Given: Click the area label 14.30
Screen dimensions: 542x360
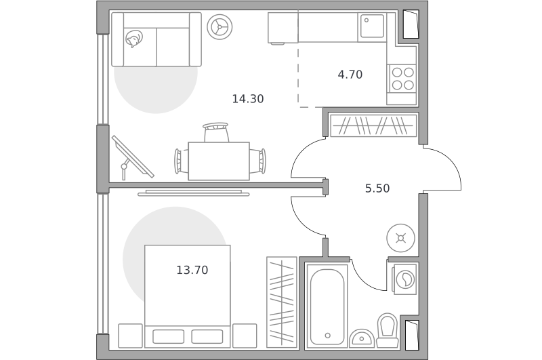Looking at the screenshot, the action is (248, 99).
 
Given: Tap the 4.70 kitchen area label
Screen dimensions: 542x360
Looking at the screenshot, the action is (350, 75).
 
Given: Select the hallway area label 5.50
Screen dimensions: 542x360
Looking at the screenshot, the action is (377, 188).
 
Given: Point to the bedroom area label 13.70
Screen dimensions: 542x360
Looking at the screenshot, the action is (192, 270).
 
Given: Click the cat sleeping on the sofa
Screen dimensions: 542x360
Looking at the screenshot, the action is (134, 39).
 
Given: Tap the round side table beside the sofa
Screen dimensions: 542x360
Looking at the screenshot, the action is (220, 26).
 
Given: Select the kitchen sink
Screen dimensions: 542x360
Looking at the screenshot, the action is (372, 26).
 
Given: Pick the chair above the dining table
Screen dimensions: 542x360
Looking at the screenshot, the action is (216, 132).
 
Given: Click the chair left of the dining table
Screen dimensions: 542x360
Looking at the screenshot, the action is (182, 161).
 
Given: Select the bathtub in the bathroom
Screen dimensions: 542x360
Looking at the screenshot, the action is (327, 306).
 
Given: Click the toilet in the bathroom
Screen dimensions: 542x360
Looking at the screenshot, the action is (387, 330).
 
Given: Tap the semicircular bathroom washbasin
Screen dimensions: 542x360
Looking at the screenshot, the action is (362, 338).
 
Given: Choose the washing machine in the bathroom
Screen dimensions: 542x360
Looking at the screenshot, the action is (404, 279).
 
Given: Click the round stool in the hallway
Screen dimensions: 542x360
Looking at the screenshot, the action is (400, 238).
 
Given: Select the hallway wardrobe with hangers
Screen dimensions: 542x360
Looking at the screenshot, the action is (373, 125).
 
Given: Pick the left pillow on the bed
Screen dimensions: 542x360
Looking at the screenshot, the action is (168, 336).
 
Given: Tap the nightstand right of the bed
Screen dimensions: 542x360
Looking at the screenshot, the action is (245, 336).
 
